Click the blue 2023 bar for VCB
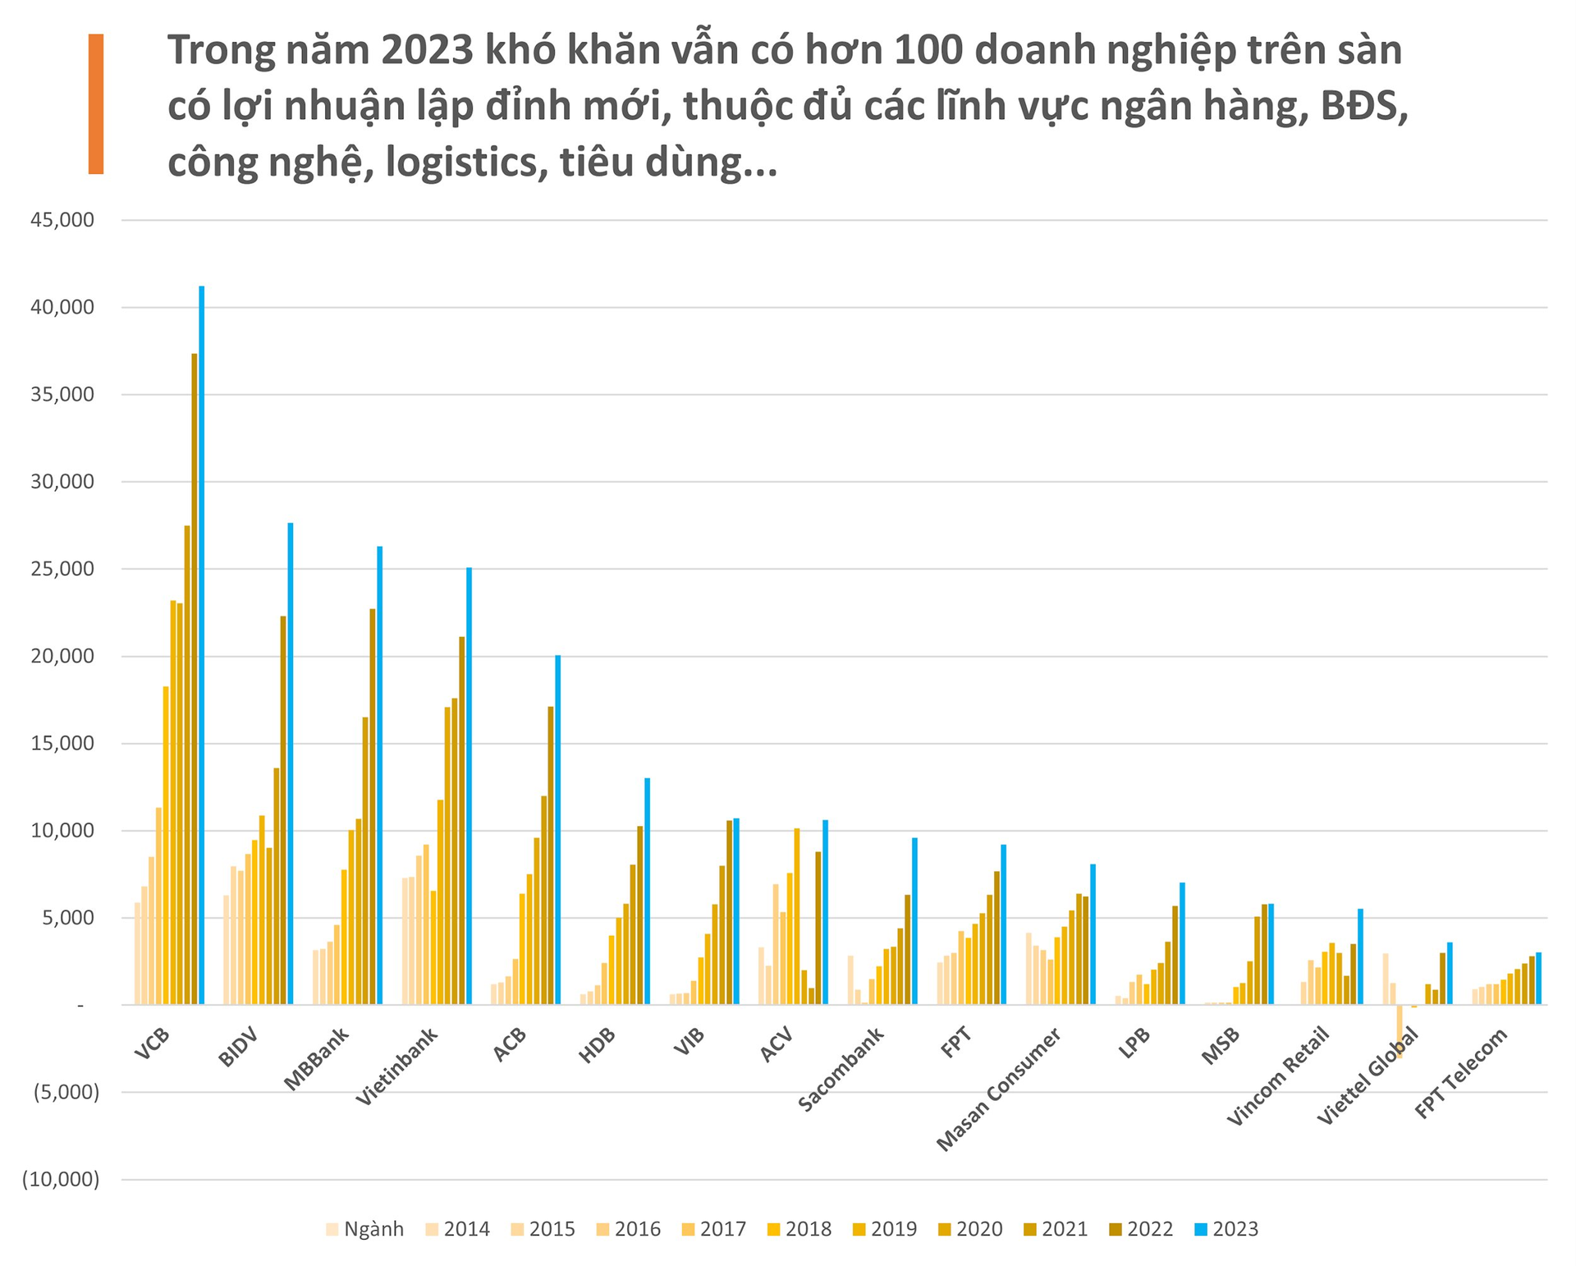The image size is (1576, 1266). (x=201, y=644)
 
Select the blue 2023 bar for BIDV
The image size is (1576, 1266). (x=290, y=764)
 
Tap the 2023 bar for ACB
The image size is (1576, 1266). (x=557, y=829)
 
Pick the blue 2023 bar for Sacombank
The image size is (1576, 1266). (x=914, y=920)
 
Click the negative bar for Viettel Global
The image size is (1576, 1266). (x=1400, y=1031)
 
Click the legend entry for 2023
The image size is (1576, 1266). (x=1226, y=1229)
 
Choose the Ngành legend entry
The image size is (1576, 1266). (x=364, y=1229)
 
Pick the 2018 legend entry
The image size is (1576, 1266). (x=799, y=1229)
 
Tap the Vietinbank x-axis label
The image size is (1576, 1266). (x=397, y=1066)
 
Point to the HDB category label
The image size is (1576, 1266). (x=597, y=1046)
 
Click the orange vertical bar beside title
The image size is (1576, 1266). (x=96, y=103)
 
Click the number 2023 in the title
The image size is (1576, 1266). (x=426, y=51)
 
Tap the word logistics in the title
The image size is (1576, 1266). (x=466, y=163)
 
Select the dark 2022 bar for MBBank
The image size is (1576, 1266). (x=373, y=806)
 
